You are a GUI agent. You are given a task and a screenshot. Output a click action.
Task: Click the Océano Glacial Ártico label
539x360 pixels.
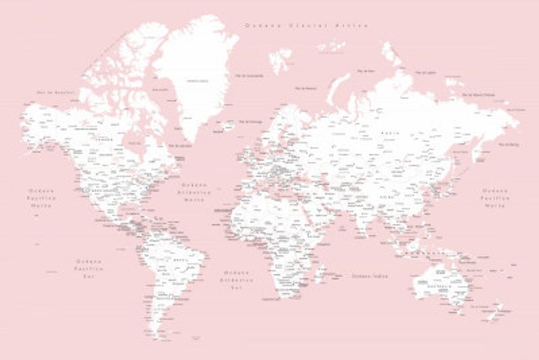pos(307,26)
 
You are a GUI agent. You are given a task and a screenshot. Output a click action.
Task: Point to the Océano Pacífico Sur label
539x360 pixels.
pos(89,268)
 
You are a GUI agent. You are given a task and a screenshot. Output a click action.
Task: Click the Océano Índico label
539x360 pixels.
pos(370,276)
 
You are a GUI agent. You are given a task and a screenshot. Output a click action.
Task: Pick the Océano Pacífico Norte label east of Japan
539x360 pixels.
pos(495,198)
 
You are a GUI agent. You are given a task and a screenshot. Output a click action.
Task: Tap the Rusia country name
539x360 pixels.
pos(391,133)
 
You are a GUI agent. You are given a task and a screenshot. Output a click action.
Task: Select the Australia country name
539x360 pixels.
pos(445,287)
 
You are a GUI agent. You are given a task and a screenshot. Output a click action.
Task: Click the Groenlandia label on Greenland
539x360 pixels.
pos(196,81)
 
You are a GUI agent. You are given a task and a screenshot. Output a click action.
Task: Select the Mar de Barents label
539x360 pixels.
pos(307,88)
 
